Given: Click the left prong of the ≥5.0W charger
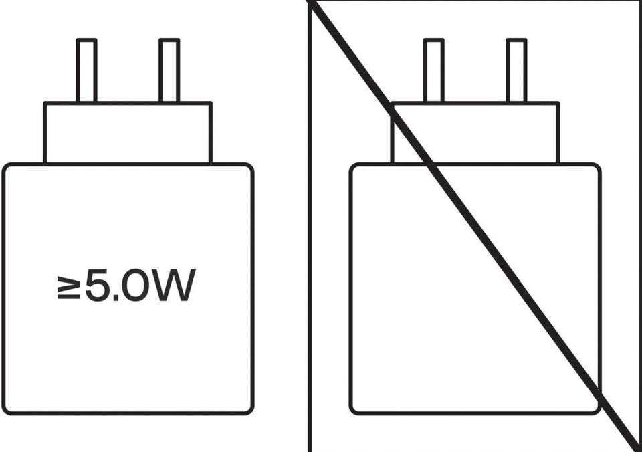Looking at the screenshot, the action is pyautogui.click(x=87, y=70).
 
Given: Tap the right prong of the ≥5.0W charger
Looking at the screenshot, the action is pyautogui.click(x=169, y=70).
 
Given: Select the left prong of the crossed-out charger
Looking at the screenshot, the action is pyautogui.click(x=433, y=70).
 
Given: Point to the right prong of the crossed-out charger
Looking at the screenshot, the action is pyautogui.click(x=516, y=70).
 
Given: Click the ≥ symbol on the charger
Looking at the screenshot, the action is pyautogui.click(x=69, y=288).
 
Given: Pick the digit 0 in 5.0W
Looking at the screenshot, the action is pyautogui.click(x=136, y=286).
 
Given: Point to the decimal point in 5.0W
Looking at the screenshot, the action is pyautogui.click(x=115, y=298).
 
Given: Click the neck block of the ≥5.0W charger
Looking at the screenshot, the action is pyautogui.click(x=128, y=133).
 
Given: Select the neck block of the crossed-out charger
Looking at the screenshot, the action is pyautogui.click(x=475, y=133).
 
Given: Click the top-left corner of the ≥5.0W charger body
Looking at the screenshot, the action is pyautogui.click(x=4, y=165).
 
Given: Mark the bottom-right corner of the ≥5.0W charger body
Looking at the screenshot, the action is pyautogui.click(x=252, y=413).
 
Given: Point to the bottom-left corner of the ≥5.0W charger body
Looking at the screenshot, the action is pyautogui.click(x=4, y=413).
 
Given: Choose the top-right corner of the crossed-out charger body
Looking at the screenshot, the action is pyautogui.click(x=599, y=165).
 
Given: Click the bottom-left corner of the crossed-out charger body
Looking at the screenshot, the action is pyautogui.click(x=351, y=413).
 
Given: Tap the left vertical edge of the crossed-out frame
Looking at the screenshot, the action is pyautogui.click(x=310, y=226).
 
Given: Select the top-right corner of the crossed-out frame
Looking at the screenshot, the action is pyautogui.click(x=639, y=1).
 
